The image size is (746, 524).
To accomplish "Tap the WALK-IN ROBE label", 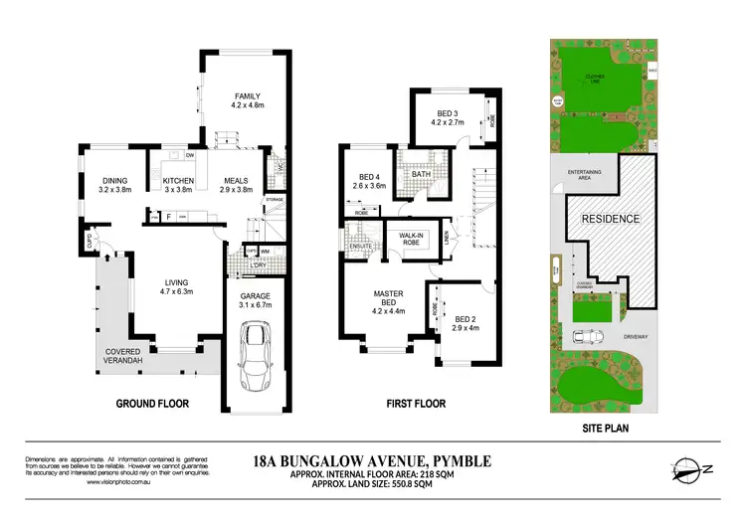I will (x=413, y=239).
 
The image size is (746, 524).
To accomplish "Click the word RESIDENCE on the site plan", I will (x=610, y=219).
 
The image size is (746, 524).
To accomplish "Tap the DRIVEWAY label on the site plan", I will (x=635, y=337).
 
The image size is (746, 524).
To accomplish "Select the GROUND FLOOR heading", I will (x=153, y=404).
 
